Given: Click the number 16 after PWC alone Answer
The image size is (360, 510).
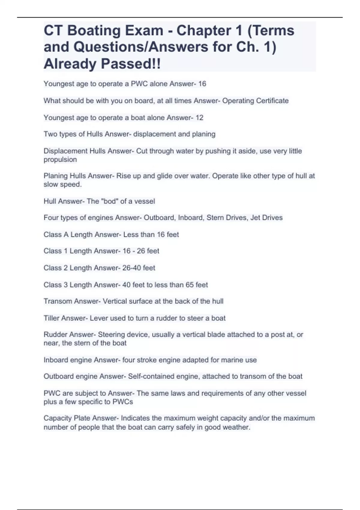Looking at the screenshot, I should (x=202, y=84).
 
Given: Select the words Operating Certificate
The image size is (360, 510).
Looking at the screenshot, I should (x=255, y=101).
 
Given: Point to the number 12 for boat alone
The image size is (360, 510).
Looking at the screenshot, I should (x=199, y=118).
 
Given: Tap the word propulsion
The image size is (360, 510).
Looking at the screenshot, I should (x=60, y=160).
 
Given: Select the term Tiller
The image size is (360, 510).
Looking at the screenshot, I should (x=51, y=318).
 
